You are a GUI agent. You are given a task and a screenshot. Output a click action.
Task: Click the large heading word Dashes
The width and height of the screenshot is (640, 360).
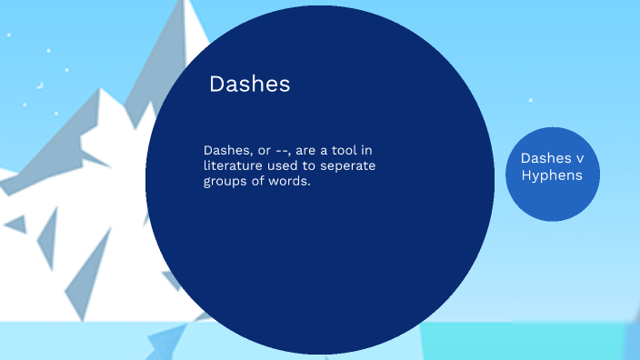point(249,85)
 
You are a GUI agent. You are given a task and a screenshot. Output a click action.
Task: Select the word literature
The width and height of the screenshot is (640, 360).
point(234,165)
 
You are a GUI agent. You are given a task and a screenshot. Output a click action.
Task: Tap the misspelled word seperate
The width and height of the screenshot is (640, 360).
point(347,165)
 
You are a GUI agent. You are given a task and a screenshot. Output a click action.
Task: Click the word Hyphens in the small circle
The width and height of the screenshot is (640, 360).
point(552,175)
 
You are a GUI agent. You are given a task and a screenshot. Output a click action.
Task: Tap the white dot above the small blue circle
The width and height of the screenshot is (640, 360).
point(531,101)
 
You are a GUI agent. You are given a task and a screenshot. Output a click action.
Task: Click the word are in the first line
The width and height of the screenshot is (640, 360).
point(314,150)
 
